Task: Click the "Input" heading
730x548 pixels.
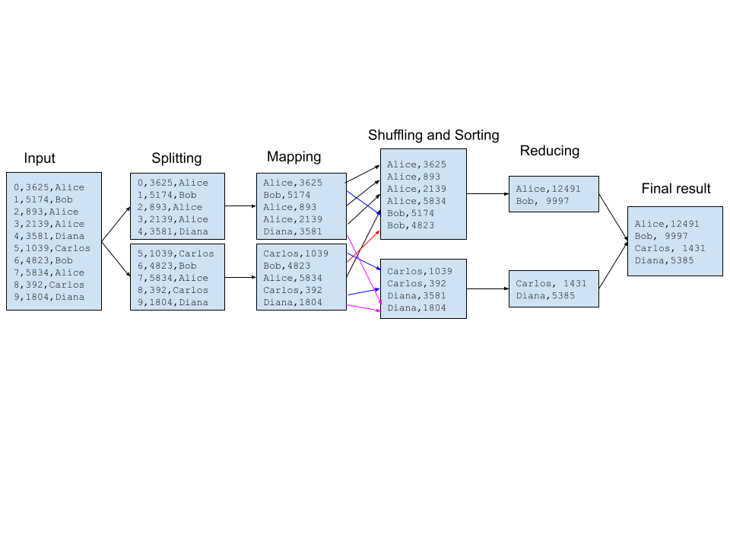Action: click(40, 158)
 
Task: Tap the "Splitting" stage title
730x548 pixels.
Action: click(176, 158)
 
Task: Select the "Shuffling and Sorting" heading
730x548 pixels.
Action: click(433, 135)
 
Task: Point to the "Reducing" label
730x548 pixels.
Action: click(549, 151)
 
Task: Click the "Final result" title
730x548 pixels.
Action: click(676, 189)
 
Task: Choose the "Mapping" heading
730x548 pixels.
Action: click(294, 157)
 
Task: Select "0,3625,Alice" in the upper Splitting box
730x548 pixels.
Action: click(173, 183)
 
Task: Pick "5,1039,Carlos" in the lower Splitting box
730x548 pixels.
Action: click(176, 253)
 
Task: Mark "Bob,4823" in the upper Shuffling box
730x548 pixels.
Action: click(411, 225)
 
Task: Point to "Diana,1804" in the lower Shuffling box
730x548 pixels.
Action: click(417, 307)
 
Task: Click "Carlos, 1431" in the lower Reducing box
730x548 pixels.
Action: click(551, 283)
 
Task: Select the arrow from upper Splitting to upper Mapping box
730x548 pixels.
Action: click(240, 205)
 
